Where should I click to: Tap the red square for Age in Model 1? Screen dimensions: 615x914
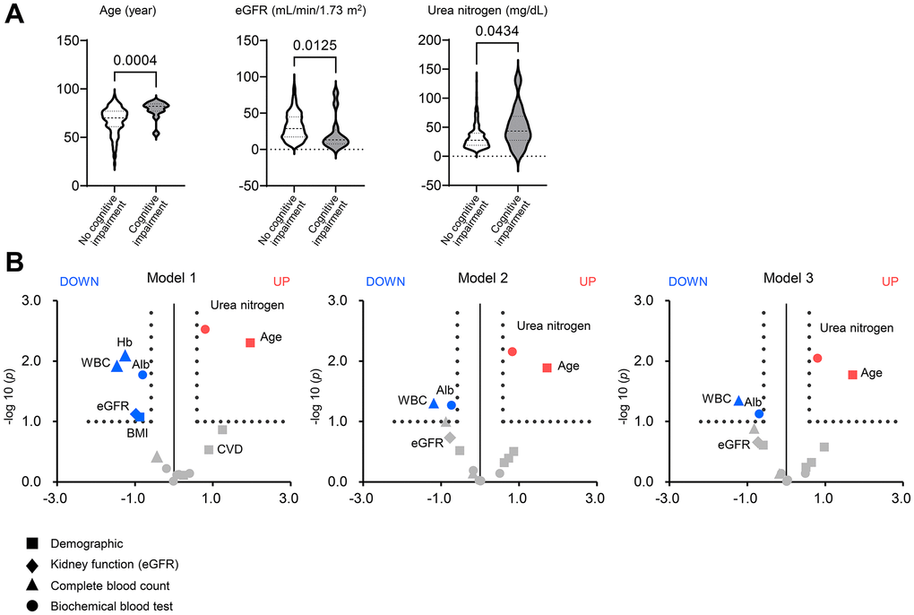point(250,342)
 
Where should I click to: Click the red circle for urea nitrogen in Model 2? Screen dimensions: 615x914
point(513,351)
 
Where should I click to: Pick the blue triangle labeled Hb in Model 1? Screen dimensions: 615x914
point(125,357)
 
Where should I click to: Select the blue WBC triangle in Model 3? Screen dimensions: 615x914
point(739,401)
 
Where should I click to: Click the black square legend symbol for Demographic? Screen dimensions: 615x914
point(31,543)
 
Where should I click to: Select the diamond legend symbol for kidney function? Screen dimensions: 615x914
point(31,564)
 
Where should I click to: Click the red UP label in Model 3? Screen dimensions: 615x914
point(890,282)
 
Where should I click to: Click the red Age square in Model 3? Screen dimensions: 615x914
point(852,375)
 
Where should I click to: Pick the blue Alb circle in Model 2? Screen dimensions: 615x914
point(452,405)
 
